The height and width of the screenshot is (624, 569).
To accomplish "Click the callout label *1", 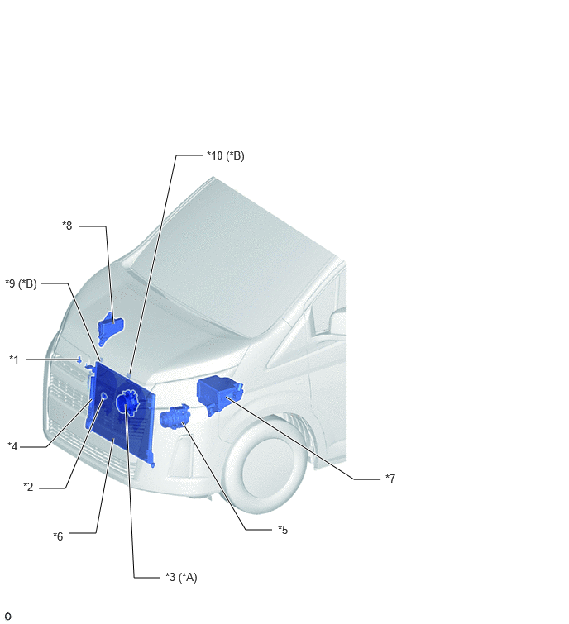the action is tap(14, 360).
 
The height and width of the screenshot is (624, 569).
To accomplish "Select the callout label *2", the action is tap(28, 487).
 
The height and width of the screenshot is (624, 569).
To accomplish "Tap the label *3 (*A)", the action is tap(181, 577).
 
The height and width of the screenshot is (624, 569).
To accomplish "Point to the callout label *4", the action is tap(12, 446).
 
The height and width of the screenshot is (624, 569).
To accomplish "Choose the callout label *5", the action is tap(283, 530).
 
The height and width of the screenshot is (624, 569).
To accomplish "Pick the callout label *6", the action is tap(58, 536).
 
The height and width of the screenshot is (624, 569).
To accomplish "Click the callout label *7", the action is tap(390, 479).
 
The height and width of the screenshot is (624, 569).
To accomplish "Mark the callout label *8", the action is tap(67, 226).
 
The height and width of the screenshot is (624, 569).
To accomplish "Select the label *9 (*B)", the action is tap(22, 283).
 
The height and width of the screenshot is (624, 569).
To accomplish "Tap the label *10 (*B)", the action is tap(226, 155).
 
